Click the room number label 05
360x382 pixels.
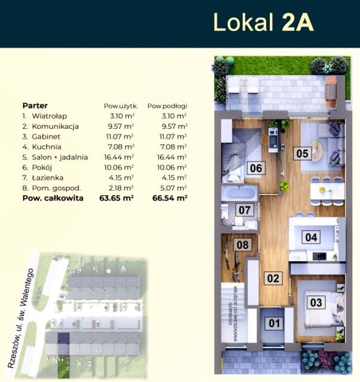[x=302, y=153]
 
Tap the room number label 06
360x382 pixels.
[x=256, y=168]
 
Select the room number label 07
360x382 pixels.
[x=244, y=210]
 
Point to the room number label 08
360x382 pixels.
[x=242, y=245]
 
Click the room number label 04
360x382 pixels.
[x=311, y=237]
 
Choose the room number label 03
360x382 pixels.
[x=316, y=303]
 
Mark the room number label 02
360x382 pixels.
[x=273, y=278]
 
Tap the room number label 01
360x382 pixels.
[x=275, y=324]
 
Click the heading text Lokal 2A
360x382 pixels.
[x=263, y=23]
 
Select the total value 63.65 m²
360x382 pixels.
[x=116, y=198]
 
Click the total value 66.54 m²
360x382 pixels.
[x=170, y=198]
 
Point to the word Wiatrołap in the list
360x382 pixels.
[x=49, y=116]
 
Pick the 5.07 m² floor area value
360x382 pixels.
[x=174, y=188]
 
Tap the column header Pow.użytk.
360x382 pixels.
[x=121, y=106]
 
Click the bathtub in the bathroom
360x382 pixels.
[x=240, y=193]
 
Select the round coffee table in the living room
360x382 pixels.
[x=316, y=151]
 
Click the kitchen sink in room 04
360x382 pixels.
[x=319, y=256]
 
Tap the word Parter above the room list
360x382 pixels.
[x=35, y=106]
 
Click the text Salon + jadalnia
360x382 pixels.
[x=60, y=157]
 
